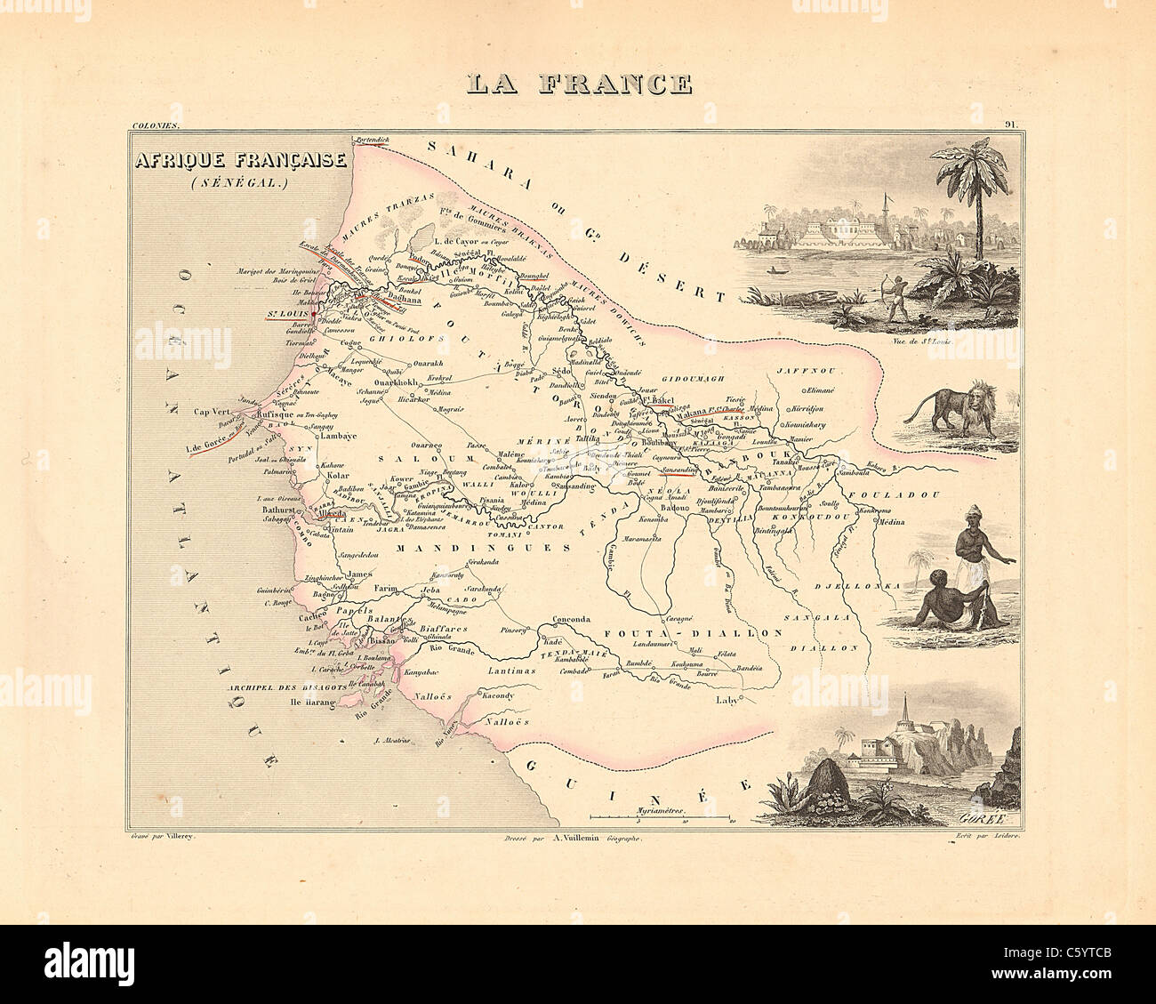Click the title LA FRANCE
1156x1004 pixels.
579,84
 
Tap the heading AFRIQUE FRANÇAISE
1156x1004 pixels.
240,161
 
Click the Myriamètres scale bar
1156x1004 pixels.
660,815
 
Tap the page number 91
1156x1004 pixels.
1012,125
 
